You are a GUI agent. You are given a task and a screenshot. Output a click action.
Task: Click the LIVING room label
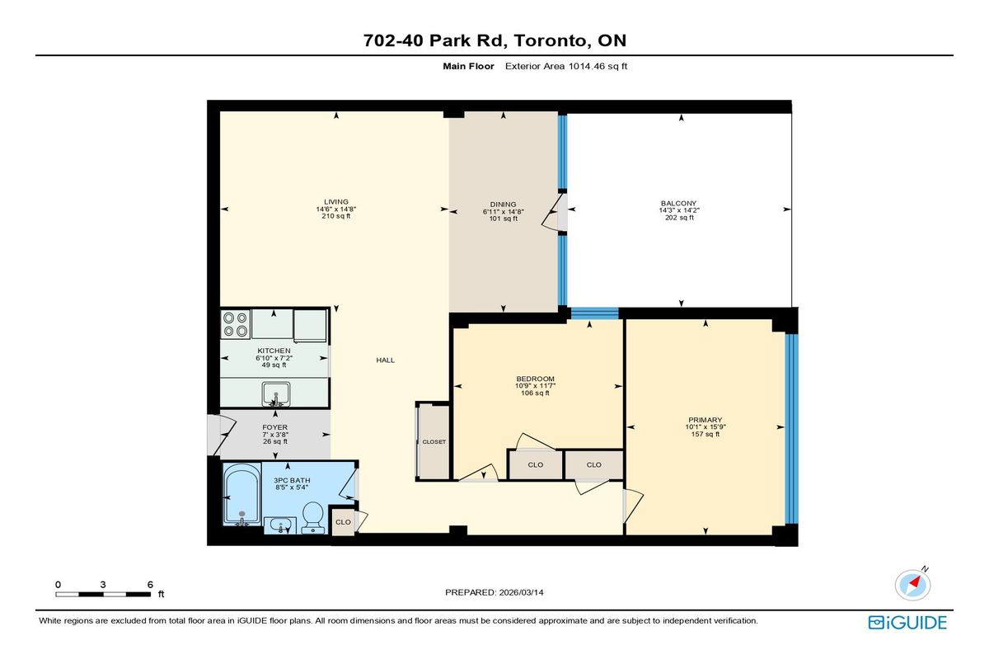336,202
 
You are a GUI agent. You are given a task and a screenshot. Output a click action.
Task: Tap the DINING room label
503,205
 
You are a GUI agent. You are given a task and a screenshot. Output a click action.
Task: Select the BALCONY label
678,204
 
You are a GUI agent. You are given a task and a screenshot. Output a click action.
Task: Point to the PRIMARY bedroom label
705,420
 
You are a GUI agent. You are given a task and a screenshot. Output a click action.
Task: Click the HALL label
386,360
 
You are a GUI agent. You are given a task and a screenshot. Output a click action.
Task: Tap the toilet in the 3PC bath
313,517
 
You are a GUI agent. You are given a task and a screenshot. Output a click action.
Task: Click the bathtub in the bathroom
242,494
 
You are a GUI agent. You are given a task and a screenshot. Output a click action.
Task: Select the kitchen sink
276,394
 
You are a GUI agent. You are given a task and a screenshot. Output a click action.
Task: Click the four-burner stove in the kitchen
236,324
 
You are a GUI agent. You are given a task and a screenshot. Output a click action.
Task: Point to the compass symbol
912,584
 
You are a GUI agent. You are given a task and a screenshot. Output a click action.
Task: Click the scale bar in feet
103,594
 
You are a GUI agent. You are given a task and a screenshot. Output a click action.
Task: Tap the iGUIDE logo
907,623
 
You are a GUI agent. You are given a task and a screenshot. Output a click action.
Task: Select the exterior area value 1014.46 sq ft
598,66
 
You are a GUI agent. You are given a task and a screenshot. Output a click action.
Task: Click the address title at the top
494,40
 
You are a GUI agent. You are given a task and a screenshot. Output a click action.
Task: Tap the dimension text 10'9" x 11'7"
535,386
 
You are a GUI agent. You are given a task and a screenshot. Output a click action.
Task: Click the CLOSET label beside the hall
434,442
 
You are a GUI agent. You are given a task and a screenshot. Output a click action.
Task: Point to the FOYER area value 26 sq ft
275,441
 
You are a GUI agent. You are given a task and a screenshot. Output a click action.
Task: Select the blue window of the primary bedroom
792,429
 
